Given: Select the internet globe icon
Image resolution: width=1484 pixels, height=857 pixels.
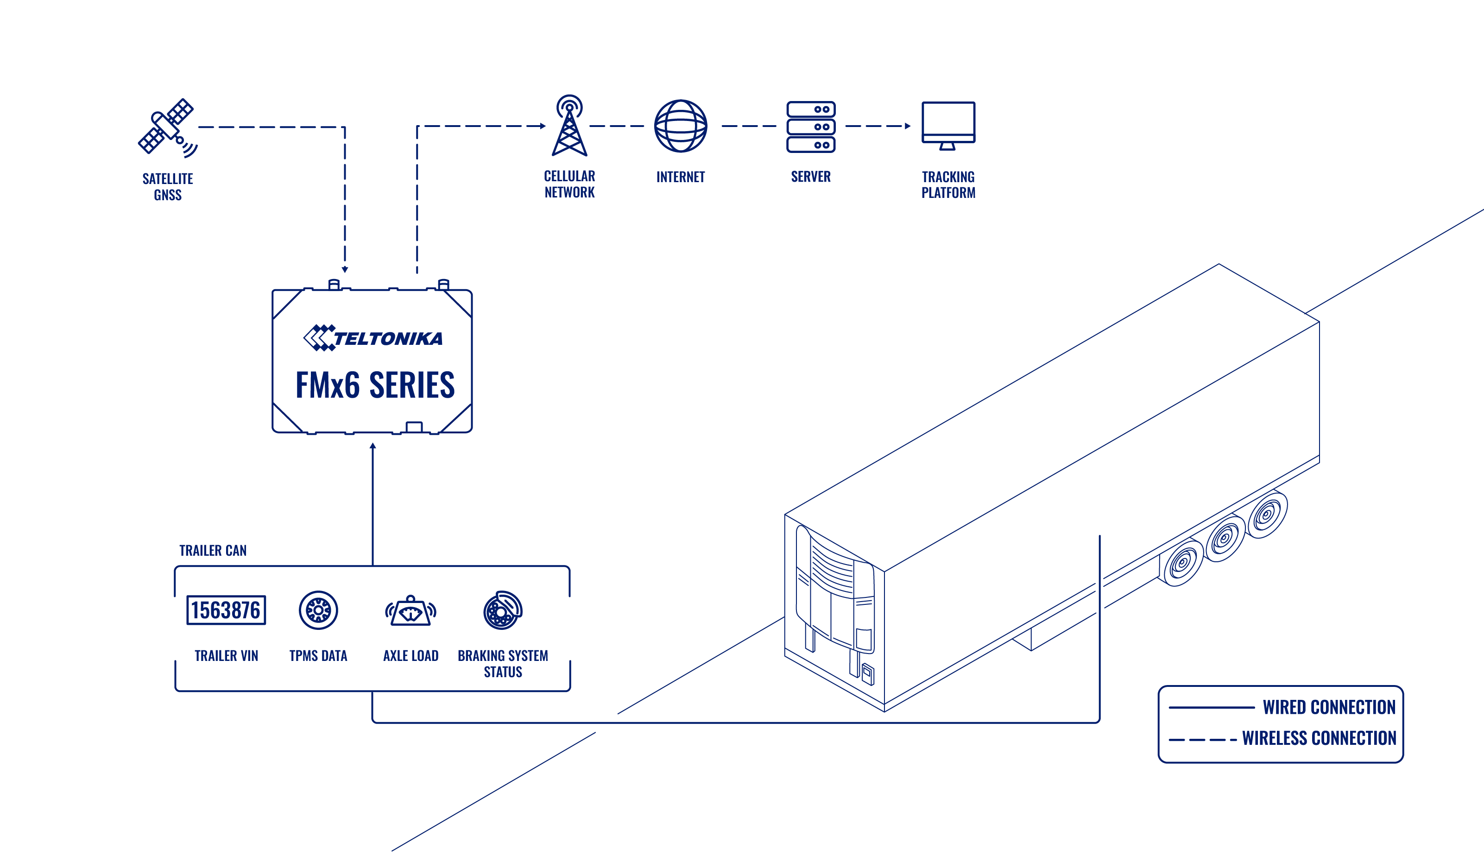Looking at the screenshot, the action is point(681,126).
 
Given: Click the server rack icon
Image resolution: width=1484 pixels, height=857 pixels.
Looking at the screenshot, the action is point(810,127).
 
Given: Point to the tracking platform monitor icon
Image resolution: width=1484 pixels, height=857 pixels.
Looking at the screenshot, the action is point(948,125).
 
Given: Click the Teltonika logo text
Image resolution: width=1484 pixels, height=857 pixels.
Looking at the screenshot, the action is point(388,338).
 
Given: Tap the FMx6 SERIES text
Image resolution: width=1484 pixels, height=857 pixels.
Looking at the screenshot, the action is point(375,385).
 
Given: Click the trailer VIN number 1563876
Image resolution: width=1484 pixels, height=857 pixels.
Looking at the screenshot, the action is point(226,610).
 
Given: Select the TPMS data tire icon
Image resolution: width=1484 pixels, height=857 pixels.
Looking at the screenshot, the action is point(318,610).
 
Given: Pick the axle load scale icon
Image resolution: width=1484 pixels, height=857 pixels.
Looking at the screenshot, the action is point(410,610).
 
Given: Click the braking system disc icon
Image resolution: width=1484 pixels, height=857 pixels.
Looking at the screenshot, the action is point(503,610).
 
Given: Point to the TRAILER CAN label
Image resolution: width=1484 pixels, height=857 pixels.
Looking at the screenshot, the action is point(213,550).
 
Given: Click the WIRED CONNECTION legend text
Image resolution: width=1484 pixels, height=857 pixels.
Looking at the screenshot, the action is point(1329,707).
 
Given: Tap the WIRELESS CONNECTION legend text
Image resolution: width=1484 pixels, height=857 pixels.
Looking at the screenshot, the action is point(1319,738).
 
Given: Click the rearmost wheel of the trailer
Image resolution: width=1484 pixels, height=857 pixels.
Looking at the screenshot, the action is point(1268,514).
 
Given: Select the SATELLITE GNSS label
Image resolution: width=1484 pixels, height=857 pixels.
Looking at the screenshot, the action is point(168,187).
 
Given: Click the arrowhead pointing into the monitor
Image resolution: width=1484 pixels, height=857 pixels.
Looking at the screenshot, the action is point(908,126).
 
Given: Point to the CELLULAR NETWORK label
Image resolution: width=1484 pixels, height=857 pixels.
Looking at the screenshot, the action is point(569,184).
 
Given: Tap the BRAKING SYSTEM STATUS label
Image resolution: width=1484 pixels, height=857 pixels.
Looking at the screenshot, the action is point(503,664).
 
